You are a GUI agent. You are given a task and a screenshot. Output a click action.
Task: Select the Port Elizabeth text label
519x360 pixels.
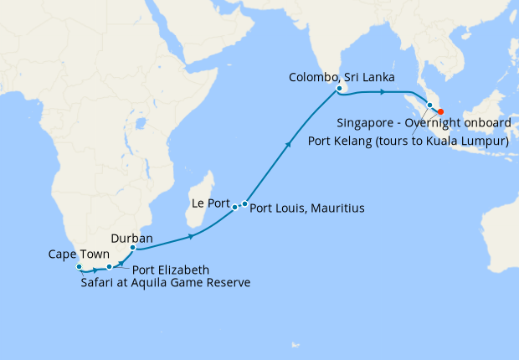[x=171, y=270]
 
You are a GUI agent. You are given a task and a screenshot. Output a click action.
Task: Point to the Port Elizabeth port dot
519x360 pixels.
[x=110, y=267]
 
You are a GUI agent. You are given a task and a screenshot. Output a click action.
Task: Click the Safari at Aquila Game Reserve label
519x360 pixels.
[x=166, y=283]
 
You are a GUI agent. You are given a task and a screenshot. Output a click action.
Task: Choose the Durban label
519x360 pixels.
[x=131, y=238]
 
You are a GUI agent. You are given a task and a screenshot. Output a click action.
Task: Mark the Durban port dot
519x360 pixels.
[x=133, y=248]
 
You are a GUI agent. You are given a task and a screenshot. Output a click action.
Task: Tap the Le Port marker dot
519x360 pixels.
[x=234, y=206]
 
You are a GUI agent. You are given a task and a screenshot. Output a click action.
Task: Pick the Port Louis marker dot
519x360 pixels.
[x=244, y=203]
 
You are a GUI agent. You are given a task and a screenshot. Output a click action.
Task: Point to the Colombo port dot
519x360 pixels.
[x=339, y=88]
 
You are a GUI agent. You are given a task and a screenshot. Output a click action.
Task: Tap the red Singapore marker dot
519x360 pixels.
[x=441, y=113]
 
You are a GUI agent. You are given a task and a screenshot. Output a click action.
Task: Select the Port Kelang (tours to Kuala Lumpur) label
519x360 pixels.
[x=409, y=141]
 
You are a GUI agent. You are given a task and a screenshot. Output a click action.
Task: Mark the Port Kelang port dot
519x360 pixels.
[x=430, y=105]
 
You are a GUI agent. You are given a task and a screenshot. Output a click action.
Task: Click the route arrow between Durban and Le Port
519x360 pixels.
[x=192, y=237]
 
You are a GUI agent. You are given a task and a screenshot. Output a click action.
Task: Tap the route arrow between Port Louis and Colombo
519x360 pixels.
[x=290, y=145]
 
